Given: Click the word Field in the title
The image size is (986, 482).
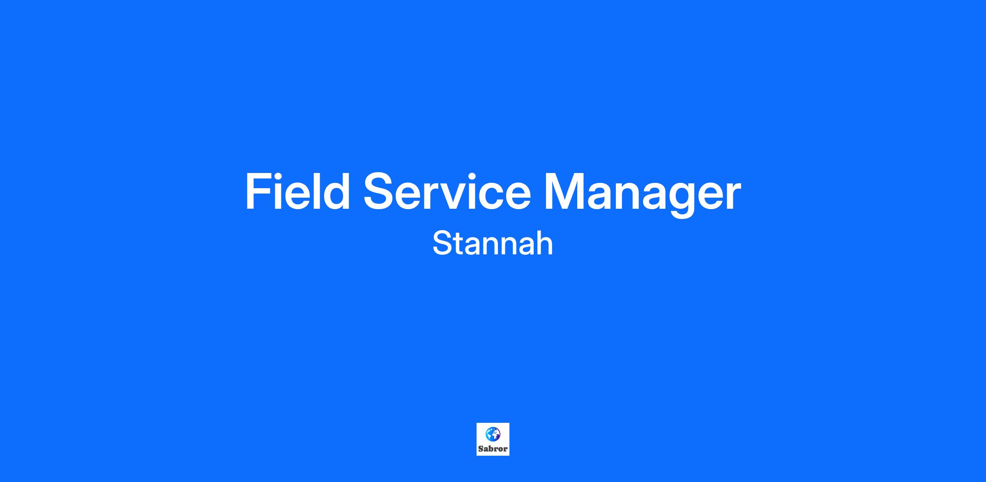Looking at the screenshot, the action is tap(298, 191).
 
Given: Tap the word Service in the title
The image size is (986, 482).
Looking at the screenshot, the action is tap(447, 191).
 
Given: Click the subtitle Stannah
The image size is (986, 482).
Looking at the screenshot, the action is tap(493, 244).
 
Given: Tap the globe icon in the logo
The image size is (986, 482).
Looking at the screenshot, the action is tap(493, 434).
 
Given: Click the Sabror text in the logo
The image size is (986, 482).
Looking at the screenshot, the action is tap(493, 449).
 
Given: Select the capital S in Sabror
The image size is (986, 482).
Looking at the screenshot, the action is tap(481, 449).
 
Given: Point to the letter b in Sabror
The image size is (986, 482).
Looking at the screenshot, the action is tap(491, 449).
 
